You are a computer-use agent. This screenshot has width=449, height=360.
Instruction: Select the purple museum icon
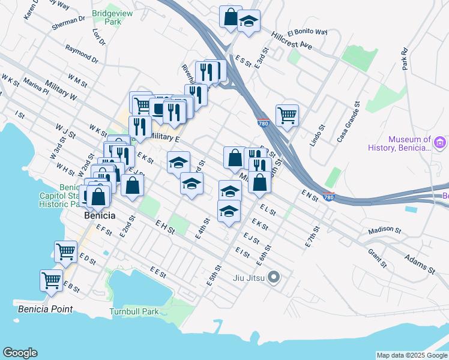[x=441, y=143]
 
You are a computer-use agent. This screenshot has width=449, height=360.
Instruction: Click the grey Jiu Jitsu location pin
[x=274, y=277]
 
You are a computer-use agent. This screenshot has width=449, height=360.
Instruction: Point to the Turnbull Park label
[x=134, y=311]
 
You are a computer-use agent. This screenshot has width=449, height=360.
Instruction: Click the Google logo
[x=20, y=353]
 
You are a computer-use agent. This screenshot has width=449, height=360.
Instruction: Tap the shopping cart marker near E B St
[x=52, y=280]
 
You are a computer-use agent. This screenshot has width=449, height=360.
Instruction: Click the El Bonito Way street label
[x=307, y=32]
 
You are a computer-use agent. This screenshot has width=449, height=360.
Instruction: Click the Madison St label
[x=384, y=230]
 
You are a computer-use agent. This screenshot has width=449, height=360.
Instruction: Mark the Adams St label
[x=419, y=262]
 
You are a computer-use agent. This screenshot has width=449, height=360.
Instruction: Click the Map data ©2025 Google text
[x=412, y=355]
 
